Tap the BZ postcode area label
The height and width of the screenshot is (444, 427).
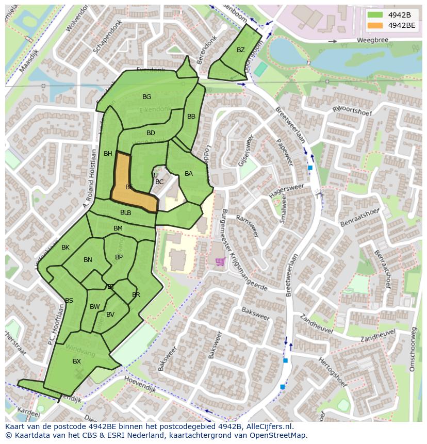tap(241, 50)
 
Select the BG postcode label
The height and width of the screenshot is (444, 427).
tap(147, 97)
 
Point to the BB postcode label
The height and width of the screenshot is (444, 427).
tap(191, 117)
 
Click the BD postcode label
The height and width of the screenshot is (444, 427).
tap(151, 133)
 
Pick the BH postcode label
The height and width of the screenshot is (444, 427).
tap(108, 154)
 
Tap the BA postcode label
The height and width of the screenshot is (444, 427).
tap(189, 174)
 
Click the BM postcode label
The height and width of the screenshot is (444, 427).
tap(118, 228)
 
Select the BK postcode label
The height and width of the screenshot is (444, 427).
tap(65, 248)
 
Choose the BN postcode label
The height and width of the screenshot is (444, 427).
tap(88, 260)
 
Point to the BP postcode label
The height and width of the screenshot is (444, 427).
tap(119, 257)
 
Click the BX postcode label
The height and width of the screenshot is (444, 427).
tap(77, 361)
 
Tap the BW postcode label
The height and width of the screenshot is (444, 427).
tap(95, 307)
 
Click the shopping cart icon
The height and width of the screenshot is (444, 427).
tap(220, 262)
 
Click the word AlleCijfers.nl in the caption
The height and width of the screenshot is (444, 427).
tap(268, 426)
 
